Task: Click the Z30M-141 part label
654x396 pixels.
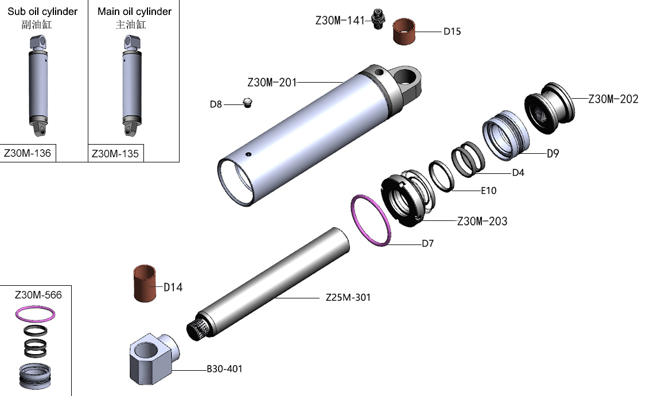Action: click(340, 21)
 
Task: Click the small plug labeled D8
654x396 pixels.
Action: click(248, 103)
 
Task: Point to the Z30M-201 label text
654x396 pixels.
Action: click(272, 83)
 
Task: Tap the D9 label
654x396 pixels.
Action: click(552, 154)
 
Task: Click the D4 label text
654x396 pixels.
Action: click(518, 172)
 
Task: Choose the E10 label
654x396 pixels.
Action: click(488, 191)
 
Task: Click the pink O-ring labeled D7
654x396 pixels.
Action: click(371, 221)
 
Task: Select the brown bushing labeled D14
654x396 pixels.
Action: click(146, 283)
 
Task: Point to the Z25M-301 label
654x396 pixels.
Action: click(348, 298)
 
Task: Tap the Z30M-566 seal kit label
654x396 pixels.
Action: click(38, 295)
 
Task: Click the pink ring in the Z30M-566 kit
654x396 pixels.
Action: click(36, 313)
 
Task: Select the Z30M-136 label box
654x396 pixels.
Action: click(28, 153)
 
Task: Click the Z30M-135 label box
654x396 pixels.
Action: click(115, 154)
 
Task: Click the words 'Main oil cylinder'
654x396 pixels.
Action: click(134, 11)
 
